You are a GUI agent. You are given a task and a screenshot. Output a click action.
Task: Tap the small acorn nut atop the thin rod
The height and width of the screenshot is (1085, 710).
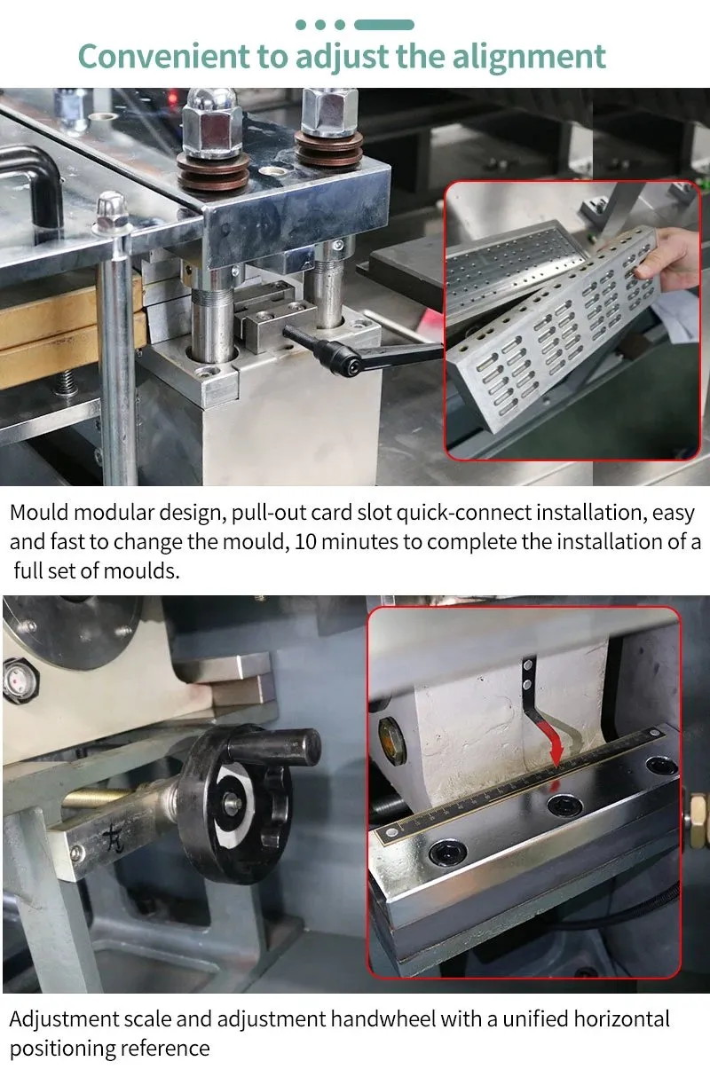click(x=114, y=210)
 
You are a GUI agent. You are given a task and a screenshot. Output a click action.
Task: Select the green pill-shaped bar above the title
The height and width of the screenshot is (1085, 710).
click(x=384, y=25)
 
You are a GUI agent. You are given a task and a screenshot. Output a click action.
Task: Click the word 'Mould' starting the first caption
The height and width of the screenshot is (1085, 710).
click(x=39, y=513)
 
